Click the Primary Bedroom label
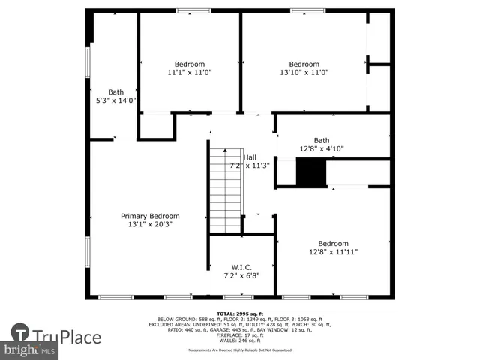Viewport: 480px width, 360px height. [x=150, y=216]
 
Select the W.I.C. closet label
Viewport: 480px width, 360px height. [x=241, y=267]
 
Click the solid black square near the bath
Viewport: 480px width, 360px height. [x=311, y=173]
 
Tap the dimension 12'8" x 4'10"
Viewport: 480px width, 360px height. [x=321, y=149]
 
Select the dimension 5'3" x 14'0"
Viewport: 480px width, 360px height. [x=115, y=100]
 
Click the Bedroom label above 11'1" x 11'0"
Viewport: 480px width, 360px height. [x=190, y=64]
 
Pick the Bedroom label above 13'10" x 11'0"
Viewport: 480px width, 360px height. [x=304, y=64]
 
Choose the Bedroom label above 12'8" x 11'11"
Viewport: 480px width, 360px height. [x=332, y=244]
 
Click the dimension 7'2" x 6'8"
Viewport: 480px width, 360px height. [x=241, y=276]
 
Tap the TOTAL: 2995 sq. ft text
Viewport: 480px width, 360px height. [x=240, y=313]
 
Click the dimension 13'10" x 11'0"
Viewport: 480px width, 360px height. [x=304, y=73]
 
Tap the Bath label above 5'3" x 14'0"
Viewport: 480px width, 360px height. [x=115, y=91]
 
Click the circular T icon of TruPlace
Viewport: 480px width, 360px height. [x=19, y=334]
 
